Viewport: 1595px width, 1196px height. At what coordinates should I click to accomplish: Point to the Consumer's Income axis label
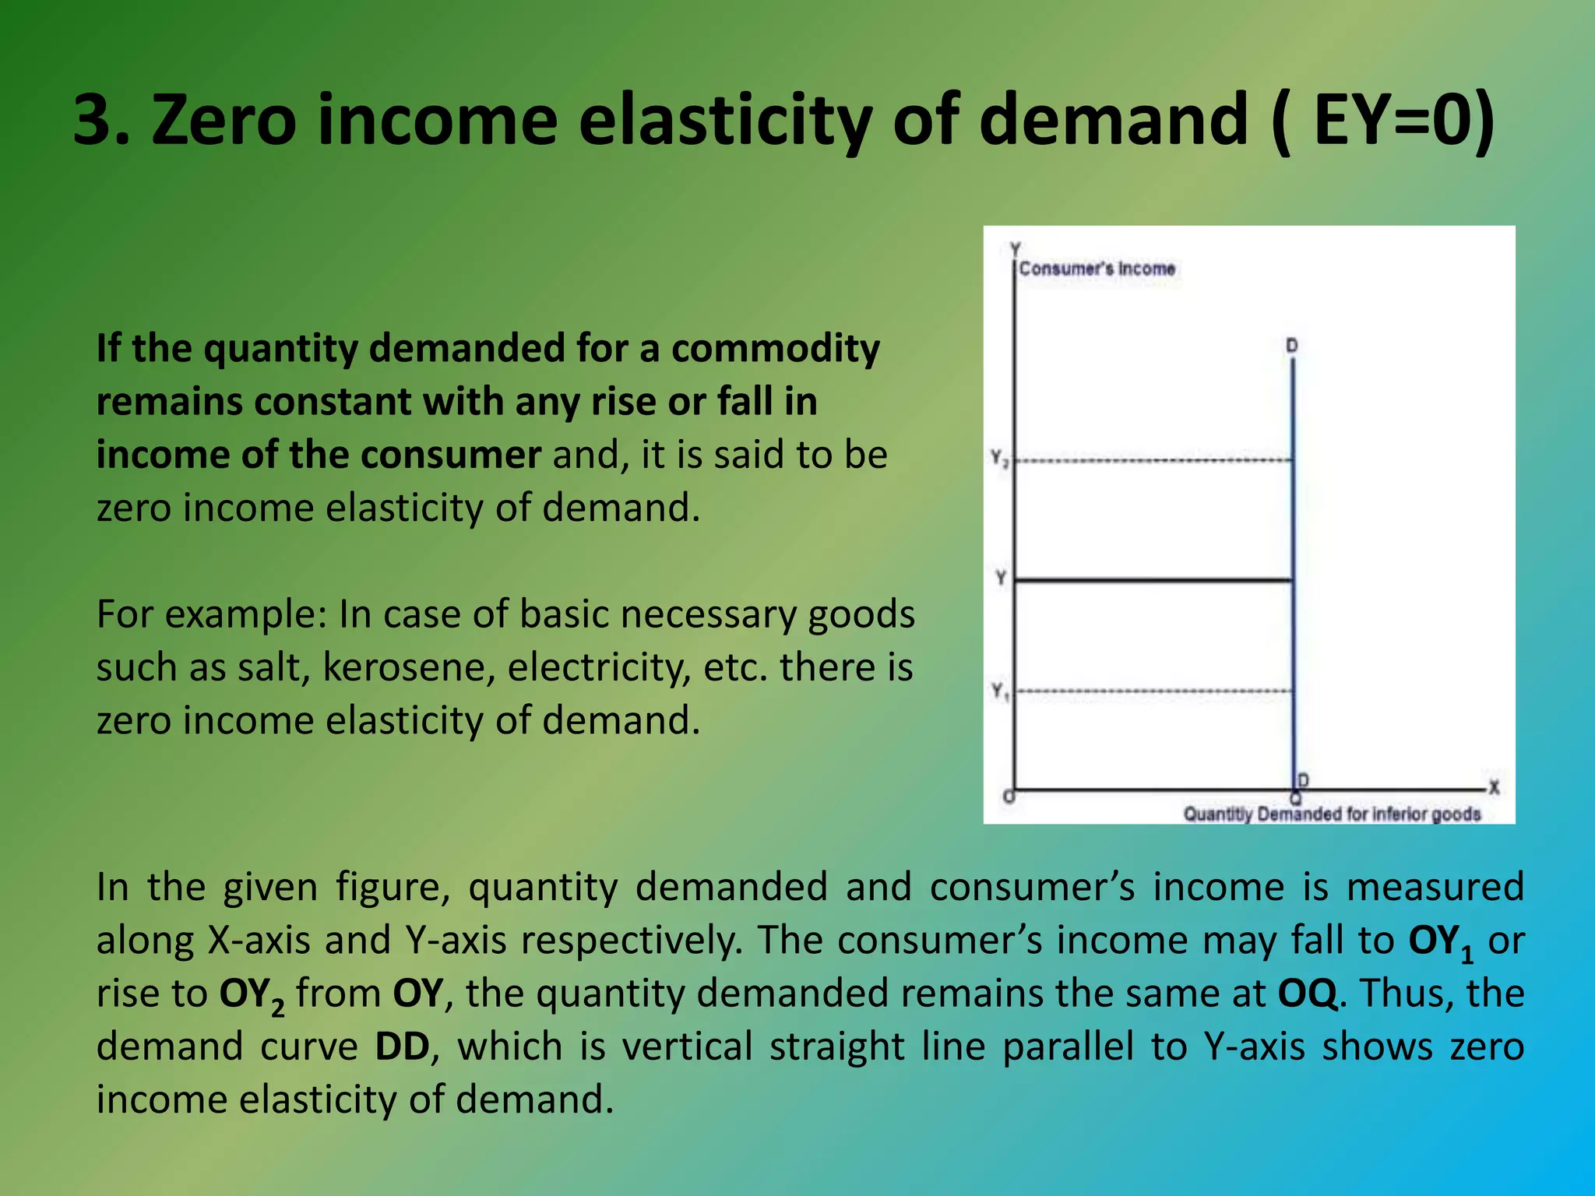point(1097,269)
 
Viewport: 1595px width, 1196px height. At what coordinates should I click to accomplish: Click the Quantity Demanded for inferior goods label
point(1331,814)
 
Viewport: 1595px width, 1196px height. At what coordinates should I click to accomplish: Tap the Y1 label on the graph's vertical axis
point(999,691)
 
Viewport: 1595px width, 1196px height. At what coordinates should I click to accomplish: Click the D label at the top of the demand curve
point(1291,345)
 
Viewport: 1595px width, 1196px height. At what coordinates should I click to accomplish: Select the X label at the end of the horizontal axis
point(1494,787)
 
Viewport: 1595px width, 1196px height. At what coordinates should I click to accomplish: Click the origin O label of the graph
point(1008,797)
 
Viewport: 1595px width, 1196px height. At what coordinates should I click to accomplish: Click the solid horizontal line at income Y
point(1153,580)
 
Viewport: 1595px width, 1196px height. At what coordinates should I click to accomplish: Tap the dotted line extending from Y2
point(1153,461)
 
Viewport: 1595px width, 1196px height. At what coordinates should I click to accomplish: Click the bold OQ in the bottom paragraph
point(1308,993)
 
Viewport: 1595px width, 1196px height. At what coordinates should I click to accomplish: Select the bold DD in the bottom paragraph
point(402,1046)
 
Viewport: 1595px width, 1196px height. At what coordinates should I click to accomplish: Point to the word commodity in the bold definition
point(775,348)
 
